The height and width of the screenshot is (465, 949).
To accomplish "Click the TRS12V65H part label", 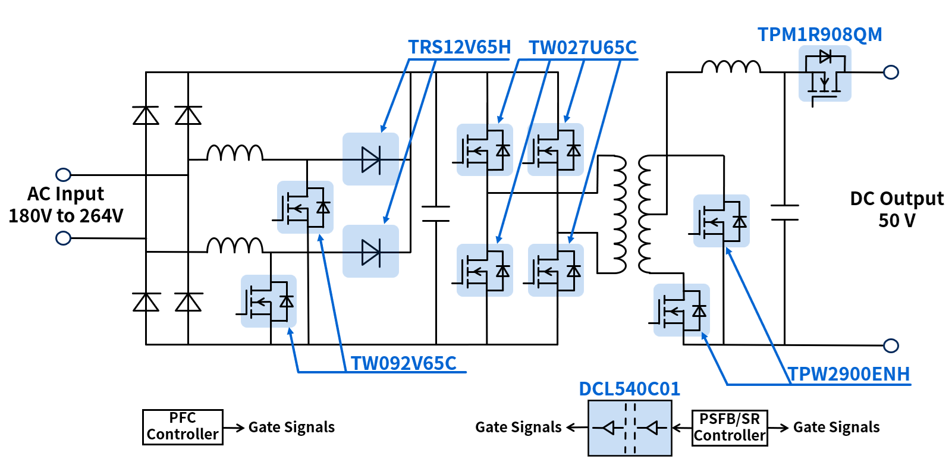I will click(x=459, y=47).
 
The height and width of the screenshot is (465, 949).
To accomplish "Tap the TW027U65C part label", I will click(x=583, y=48).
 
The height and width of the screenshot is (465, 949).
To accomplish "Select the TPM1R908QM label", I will click(x=819, y=34).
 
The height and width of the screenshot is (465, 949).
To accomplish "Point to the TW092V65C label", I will click(x=403, y=363).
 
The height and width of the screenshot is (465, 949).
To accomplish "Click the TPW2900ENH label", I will click(x=849, y=374).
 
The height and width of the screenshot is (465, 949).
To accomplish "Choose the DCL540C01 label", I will click(x=629, y=389).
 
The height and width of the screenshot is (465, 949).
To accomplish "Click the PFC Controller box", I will click(x=183, y=427).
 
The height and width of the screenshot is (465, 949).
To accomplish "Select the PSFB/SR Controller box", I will click(x=730, y=428).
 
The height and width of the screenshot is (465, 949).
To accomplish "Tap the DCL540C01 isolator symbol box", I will click(x=630, y=428).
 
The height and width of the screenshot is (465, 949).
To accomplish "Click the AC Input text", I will click(x=65, y=194).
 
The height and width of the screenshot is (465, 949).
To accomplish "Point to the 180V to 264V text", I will click(x=65, y=216).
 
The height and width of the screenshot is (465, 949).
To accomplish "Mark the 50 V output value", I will click(x=897, y=221).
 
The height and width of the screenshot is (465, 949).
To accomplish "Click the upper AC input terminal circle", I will click(x=63, y=175).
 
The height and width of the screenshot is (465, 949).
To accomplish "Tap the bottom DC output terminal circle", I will click(x=891, y=345).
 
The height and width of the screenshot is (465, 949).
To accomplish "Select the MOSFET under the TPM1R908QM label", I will click(x=825, y=73).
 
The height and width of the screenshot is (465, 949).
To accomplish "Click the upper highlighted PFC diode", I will click(x=370, y=159).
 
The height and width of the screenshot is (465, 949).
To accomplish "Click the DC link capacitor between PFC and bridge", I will click(x=436, y=213).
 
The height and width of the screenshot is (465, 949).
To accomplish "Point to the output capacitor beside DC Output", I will click(x=785, y=212).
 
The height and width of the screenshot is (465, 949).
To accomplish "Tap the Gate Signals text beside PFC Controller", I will click(x=291, y=428).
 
